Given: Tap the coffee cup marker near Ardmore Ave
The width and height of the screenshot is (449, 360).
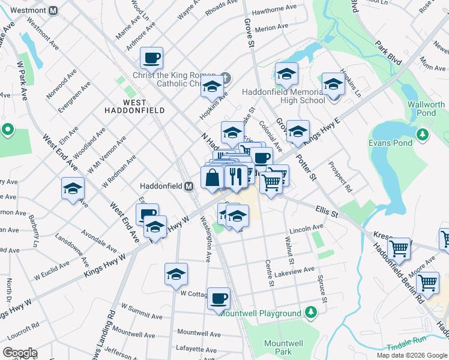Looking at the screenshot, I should point(152,58).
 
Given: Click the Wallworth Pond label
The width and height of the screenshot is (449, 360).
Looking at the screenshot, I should point(426,109).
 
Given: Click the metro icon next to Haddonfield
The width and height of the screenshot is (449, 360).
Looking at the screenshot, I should point(188,186).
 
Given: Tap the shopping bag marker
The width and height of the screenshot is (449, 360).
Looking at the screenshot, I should point(212,178).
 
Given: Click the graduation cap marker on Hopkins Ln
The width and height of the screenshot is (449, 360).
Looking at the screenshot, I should point(332,84).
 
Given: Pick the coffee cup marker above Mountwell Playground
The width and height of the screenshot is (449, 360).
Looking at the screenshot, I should point(219,298).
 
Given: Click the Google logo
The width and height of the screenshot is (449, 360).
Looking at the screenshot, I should point(19,353).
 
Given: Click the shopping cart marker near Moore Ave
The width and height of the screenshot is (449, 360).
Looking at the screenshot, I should point(428,281).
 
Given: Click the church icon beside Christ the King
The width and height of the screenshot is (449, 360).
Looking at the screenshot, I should point(226,78).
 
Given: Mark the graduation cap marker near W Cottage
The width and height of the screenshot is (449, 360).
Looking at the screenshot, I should point(176,274).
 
